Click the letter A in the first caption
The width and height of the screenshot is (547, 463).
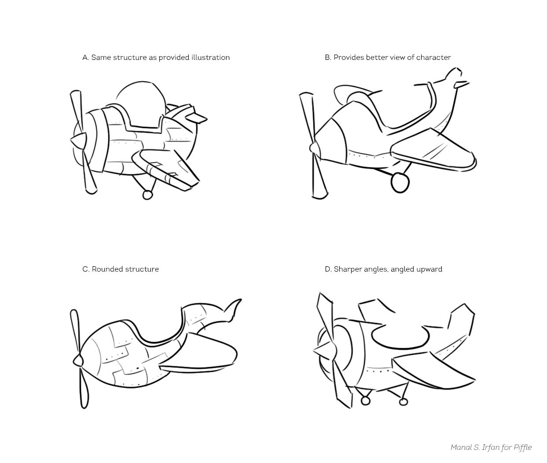85,58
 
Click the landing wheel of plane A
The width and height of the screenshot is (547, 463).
147,195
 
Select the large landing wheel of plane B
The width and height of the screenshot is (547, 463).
400,183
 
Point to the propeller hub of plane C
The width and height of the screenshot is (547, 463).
78,361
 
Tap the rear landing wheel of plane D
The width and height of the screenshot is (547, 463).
403,402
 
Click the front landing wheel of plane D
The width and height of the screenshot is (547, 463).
365,401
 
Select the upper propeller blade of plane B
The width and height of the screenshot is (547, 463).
307,119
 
